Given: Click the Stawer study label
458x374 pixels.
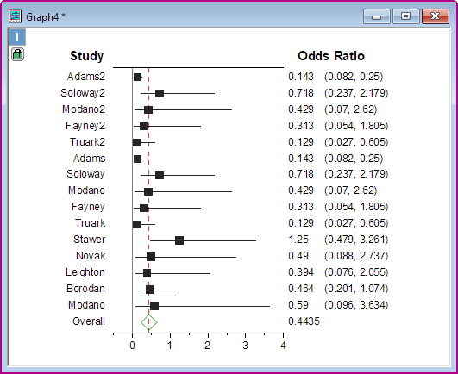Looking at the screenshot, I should pos(90,240).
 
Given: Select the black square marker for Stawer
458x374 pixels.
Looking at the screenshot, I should pos(179,240).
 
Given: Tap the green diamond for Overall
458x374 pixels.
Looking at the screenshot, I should pos(148,321).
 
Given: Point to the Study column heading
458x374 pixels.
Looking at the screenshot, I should pos(86,57).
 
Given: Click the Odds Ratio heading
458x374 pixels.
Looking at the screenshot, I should pos(330,57).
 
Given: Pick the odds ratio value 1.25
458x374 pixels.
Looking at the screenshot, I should pos(298,240).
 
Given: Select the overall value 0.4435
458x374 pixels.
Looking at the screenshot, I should pos(303,321).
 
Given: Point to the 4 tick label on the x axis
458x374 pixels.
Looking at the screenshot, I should pos(283,346).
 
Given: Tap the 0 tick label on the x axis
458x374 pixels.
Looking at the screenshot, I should pos(132,346).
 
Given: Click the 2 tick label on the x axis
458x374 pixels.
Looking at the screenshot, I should pos(208,346).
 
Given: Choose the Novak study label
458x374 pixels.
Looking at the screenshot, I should pos(91,256).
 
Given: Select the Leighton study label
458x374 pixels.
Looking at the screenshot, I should pos(85,272).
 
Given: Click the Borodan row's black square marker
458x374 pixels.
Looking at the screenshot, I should pos(149,289).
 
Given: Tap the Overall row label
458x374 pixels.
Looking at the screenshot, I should pos(88,321).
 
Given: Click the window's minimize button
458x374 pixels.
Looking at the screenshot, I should pos(377,15).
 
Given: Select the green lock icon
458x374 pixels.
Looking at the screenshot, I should pos(17,54).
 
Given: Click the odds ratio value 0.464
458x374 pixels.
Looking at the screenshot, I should pos(301,289).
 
